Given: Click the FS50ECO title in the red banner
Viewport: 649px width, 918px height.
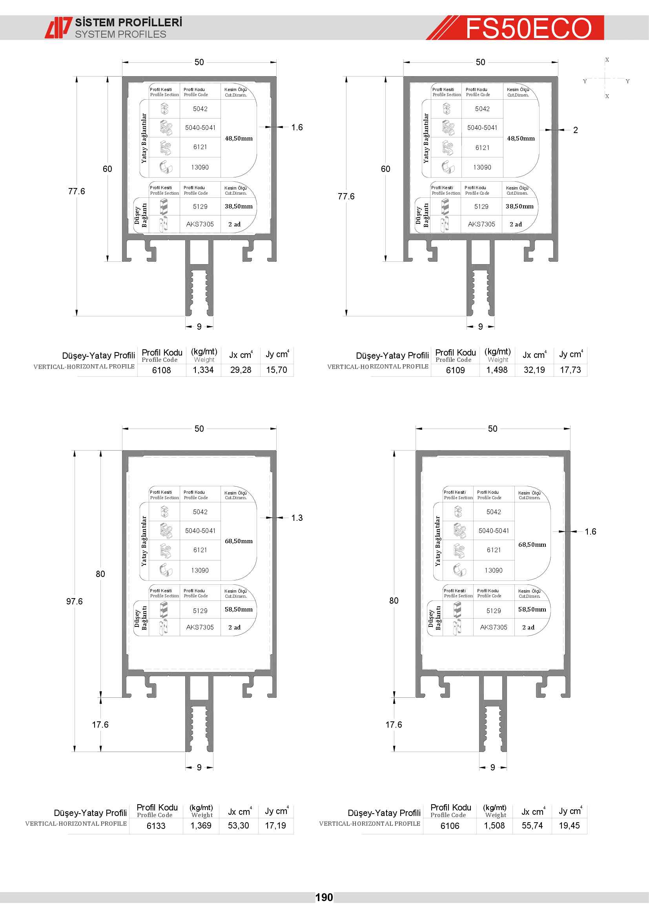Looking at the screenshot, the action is tap(528, 28).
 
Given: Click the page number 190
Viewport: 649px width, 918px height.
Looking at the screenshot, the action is tap(324, 898).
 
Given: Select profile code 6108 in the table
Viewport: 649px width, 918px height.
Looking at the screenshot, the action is tap(161, 370).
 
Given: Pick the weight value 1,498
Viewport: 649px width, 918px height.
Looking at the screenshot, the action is tap(497, 370).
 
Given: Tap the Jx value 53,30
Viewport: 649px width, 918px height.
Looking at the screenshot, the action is tap(239, 826).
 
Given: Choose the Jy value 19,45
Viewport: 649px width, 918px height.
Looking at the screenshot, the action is tap(569, 826).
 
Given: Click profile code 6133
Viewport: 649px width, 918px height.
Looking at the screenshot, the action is tap(156, 826).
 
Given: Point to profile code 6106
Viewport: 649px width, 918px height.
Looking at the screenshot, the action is tap(450, 826).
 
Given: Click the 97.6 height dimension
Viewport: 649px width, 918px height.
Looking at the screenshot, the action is tap(74, 601).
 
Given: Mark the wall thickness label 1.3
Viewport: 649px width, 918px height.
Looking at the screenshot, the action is tap(297, 518).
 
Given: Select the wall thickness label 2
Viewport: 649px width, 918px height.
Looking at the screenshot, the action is tap(576, 130).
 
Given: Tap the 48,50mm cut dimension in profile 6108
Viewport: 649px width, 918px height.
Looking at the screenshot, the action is tap(239, 138).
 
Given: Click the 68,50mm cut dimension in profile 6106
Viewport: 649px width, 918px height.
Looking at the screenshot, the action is tap(532, 545).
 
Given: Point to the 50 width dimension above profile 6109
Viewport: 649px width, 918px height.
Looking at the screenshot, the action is tap(480, 62).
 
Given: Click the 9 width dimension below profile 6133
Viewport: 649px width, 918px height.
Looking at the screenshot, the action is tap(199, 767).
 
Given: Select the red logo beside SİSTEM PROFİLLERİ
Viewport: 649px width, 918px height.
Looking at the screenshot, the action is tap(58, 27).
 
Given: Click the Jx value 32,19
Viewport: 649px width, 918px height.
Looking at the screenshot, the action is tap(534, 370).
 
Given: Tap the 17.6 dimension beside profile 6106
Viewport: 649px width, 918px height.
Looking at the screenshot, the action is tap(394, 725).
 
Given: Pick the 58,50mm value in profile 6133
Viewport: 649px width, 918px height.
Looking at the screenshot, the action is tap(239, 610).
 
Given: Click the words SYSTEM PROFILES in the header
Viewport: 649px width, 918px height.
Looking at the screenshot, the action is tap(121, 35).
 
